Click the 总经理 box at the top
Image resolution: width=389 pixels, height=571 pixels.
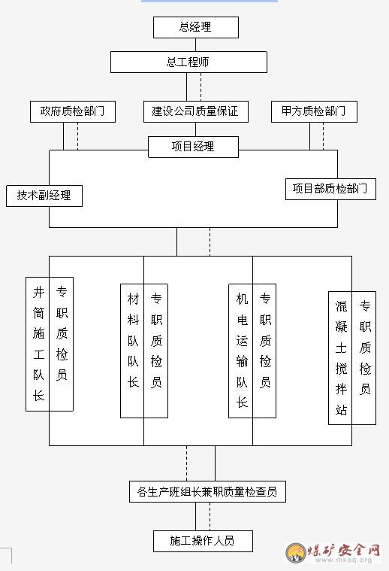[x=195, y=27]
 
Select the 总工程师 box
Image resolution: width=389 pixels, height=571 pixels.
[x=188, y=62]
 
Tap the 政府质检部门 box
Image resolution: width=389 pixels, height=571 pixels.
[x=73, y=111]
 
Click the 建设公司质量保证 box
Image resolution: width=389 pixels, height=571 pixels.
[x=195, y=111]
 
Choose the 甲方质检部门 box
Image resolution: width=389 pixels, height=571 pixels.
[x=314, y=111]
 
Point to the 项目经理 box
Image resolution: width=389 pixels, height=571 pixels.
[x=193, y=147]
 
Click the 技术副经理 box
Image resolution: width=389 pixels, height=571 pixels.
[x=44, y=196]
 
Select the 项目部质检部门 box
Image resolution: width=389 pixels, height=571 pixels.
[x=330, y=189]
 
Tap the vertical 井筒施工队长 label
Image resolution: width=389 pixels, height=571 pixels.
[x=38, y=344]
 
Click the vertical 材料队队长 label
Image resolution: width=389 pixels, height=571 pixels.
[x=133, y=341]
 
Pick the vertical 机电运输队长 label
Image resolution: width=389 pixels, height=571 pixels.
[x=242, y=351]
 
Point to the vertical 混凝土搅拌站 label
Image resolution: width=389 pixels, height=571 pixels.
[x=341, y=357]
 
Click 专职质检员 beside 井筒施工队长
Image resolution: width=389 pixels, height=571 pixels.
[x=62, y=333]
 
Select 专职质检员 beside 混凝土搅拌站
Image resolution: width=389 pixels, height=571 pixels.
[x=365, y=347]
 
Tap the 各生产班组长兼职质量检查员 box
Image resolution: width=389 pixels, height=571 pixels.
[x=207, y=491]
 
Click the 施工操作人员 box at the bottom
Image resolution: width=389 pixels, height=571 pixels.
[x=203, y=541]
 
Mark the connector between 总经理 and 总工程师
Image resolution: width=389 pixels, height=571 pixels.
[x=195, y=45]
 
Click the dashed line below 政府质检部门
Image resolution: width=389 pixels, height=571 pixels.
[x=78, y=136]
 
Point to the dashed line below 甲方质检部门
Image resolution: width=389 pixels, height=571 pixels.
[x=323, y=136]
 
